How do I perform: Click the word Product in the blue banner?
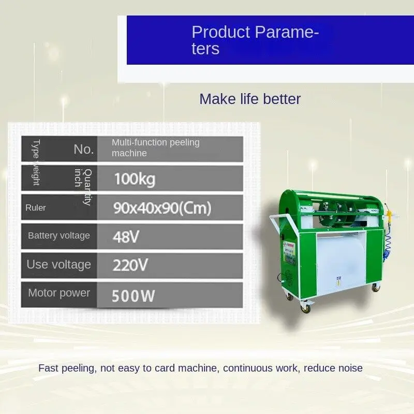(220, 32)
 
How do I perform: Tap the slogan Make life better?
(250, 99)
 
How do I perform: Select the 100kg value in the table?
(135, 179)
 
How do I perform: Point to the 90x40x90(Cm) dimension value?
(162, 208)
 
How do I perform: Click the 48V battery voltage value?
(126, 236)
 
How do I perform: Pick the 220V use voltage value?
(130, 265)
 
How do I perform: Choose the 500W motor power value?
(134, 296)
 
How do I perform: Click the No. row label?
(83, 149)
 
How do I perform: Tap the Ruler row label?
(36, 208)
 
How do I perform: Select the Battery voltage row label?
(58, 236)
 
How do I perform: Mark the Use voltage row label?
(58, 265)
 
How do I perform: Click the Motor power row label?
(58, 293)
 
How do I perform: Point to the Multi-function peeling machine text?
(155, 147)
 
